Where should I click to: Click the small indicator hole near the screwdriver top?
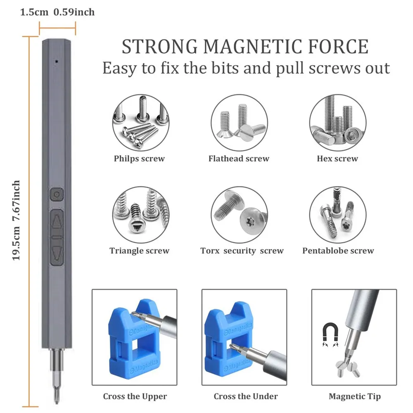click(56, 62)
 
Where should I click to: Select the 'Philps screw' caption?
click(139, 159)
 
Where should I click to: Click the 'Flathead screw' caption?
click(239, 159)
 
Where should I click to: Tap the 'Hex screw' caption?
click(337, 159)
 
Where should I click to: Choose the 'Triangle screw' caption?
click(139, 251)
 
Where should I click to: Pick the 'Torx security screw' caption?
click(242, 251)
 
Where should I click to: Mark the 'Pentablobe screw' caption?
click(338, 251)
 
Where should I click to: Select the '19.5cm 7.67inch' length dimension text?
click(16, 220)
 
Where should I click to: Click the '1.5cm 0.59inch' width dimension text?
click(57, 12)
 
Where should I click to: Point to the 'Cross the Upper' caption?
click(135, 396)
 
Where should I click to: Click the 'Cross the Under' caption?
click(246, 396)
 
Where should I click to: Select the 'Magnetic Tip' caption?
click(355, 396)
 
